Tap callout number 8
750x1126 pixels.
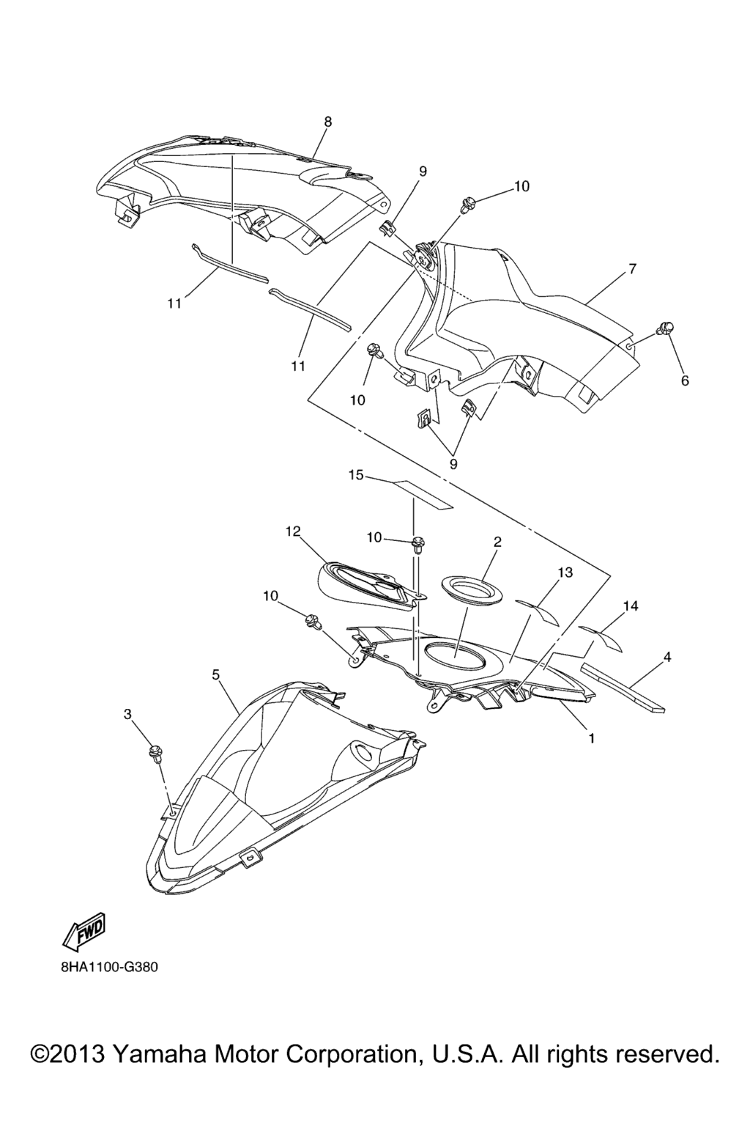327,122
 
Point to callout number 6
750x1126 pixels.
686,381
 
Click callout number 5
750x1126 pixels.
215,674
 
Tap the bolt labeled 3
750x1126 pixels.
154,768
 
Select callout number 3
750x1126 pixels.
128,714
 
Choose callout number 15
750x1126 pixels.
356,474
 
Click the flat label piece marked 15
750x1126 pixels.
423,494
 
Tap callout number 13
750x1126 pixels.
565,573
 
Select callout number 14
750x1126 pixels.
631,607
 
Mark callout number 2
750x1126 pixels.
497,542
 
